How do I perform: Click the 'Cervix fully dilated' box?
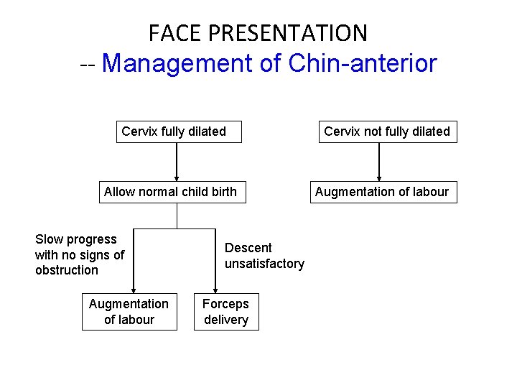pos(179,132)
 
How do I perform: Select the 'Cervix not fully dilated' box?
pos(388,132)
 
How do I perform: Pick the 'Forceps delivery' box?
pos(226,313)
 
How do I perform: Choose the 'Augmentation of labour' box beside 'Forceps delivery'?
pos(129,313)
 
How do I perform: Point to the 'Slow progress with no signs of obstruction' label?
pos(79,254)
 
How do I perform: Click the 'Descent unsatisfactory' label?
pos(264,256)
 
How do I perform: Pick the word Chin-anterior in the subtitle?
pos(362,64)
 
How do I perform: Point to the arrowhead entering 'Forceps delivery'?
pos(215,291)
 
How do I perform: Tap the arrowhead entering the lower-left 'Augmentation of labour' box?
pos(134,291)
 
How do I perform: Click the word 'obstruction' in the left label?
pos(67,270)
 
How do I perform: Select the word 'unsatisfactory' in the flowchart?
pos(264,264)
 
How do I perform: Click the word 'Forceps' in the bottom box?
pos(225,305)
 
